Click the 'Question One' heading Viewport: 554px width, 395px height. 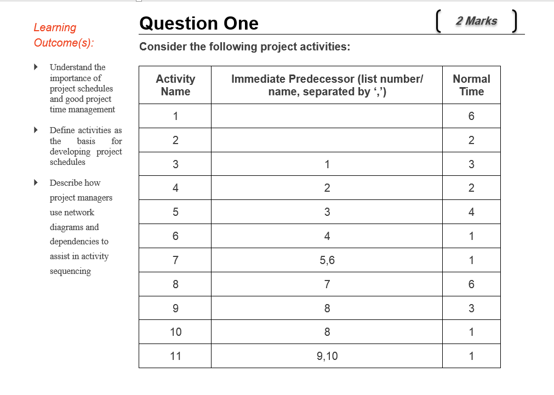[x=199, y=23]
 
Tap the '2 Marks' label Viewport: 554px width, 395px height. [x=476, y=21]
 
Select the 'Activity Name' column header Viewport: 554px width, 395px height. [x=175, y=85]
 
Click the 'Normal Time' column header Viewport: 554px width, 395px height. [x=471, y=85]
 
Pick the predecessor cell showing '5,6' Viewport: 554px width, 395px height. [x=327, y=260]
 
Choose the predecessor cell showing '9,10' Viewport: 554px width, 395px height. [x=327, y=356]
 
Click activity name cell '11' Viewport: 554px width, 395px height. [x=175, y=356]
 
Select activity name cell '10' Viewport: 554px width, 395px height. [x=175, y=332]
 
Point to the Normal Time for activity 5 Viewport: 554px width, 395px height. [x=471, y=212]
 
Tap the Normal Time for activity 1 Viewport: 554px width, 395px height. [x=471, y=116]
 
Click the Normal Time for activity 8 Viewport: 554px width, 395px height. [x=471, y=284]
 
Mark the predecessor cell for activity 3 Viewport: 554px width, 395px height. [x=327, y=164]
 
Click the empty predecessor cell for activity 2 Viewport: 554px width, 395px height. [x=327, y=140]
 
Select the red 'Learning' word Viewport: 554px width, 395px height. [x=55, y=27]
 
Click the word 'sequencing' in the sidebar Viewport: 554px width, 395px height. [x=70, y=271]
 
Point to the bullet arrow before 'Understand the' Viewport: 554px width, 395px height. [x=36, y=67]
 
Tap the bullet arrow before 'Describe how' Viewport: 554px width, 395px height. [x=36, y=182]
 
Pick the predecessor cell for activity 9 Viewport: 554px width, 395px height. [x=327, y=308]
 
